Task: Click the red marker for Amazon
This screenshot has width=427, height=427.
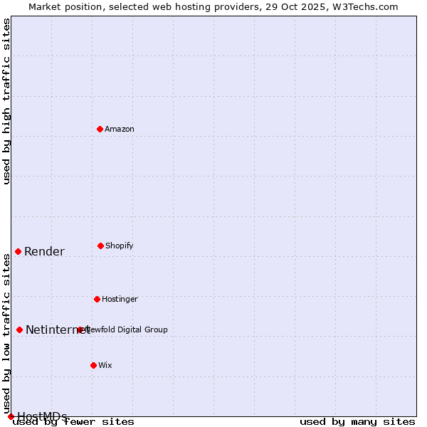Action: pos(100,129)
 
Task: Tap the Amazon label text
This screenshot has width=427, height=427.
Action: pos(120,129)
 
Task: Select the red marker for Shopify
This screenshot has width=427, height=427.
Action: pos(100,246)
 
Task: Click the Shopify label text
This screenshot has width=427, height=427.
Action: pos(120,246)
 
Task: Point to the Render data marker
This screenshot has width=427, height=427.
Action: pos(18,251)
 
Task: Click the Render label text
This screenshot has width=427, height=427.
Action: pos(44,251)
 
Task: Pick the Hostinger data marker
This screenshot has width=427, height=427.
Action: pos(97,299)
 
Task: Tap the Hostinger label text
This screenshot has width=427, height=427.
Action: pos(120,299)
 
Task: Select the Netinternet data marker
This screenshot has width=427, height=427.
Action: pos(19,330)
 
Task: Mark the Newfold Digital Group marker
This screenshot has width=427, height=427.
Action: pos(80,330)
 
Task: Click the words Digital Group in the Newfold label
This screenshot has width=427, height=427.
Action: pos(143,330)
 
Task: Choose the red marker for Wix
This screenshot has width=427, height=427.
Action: pos(93,365)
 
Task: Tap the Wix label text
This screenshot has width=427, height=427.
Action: pos(105,365)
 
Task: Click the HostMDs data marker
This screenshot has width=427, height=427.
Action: pos(11,416)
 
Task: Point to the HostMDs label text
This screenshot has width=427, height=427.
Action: pos(43,416)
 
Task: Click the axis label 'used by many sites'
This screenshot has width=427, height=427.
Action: pos(357,421)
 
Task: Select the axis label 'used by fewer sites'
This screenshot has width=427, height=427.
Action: pos(74,422)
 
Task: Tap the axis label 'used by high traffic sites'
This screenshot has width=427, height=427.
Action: pos(6,101)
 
